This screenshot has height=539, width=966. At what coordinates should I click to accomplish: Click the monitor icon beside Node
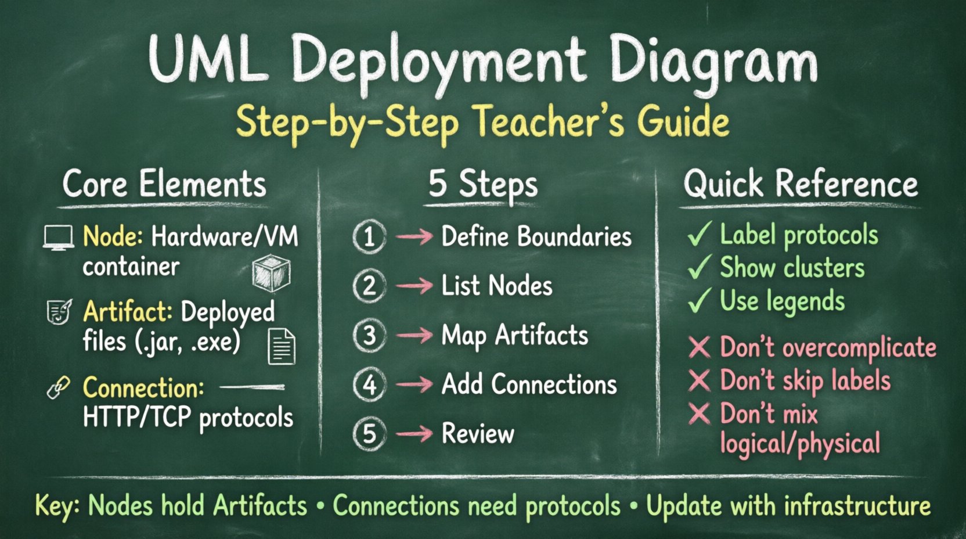click(x=59, y=238)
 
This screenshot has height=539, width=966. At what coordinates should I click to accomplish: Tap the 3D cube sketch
click(x=271, y=272)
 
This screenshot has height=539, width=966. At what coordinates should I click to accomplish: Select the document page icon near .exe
click(x=282, y=347)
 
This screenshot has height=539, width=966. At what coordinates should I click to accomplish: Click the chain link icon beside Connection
click(x=59, y=387)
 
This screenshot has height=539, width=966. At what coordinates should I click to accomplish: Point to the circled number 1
click(x=369, y=237)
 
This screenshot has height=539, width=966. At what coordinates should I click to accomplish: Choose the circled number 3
click(x=369, y=336)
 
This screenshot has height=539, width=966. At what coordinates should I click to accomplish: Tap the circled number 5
click(x=369, y=434)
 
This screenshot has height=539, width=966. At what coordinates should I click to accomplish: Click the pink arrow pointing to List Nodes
click(x=414, y=286)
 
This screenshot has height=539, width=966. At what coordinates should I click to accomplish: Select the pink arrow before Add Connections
click(x=414, y=385)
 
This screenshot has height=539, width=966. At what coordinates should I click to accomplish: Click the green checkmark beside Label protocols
click(x=699, y=234)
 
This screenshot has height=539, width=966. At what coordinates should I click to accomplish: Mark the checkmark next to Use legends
click(x=699, y=300)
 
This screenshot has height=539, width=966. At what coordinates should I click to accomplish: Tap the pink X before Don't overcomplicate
click(x=700, y=347)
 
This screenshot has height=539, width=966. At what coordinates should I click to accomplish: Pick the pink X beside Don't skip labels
click(x=700, y=381)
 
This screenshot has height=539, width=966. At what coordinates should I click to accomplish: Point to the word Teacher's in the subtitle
click(x=549, y=122)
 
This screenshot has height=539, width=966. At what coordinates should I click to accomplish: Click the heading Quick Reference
click(x=801, y=185)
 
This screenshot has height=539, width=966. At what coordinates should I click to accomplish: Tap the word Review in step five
click(x=478, y=434)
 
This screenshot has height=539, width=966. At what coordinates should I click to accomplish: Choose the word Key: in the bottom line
click(x=57, y=506)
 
